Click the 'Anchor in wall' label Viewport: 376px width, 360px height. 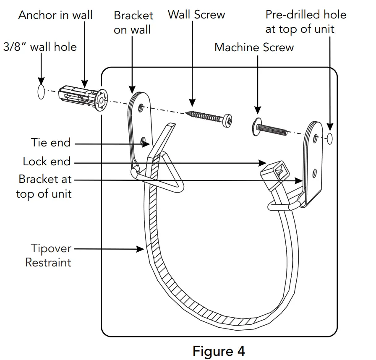click(55, 16)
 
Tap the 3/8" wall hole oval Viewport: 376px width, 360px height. click(41, 92)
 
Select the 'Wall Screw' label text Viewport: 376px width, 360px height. click(196, 15)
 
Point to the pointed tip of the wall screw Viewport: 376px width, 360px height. click(186, 112)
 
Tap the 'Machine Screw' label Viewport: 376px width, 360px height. click(254, 47)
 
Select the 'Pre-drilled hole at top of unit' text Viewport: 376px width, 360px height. click(305, 22)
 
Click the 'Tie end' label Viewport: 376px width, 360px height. click(51, 143)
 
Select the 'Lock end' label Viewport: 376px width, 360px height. click(47, 162)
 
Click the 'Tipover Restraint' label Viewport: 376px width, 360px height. click(48, 256)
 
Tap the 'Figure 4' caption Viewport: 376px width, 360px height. click(219, 350)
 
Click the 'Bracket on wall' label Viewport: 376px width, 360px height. click(133, 22)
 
